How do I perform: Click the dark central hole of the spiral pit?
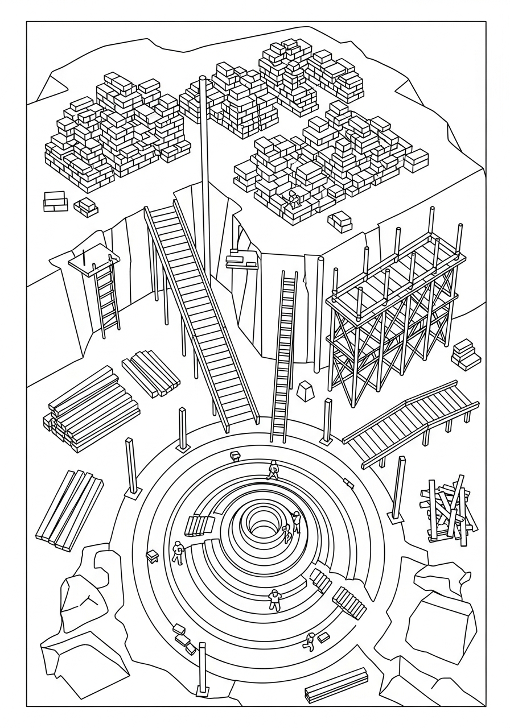pos(262,528)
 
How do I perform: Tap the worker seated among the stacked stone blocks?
pos(294,199)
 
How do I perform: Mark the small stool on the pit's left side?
pos(152,555)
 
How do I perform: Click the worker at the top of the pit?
pos(273,469)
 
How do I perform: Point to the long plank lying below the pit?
pos(336,685)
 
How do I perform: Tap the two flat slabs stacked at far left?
pos(55,201)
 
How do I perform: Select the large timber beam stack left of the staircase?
pos(91,408)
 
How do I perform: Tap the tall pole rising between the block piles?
pos(204,171)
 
